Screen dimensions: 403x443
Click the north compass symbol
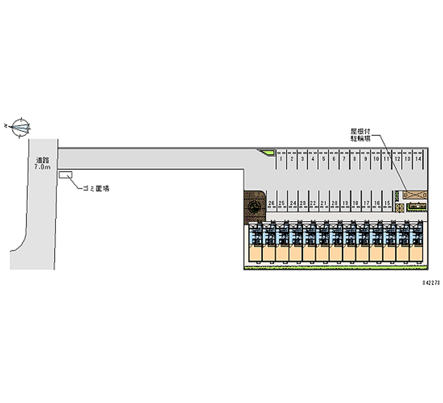(20, 127)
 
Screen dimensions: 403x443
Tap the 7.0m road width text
(43, 166)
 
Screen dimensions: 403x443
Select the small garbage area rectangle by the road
(65, 175)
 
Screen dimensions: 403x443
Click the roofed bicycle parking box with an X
(415, 195)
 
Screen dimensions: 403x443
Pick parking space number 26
(271, 203)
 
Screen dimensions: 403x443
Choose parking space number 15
(387, 203)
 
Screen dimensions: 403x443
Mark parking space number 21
(323, 203)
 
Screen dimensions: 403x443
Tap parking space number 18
(355, 203)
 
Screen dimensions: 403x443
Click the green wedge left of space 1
(267, 152)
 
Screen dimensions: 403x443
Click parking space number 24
(292, 203)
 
